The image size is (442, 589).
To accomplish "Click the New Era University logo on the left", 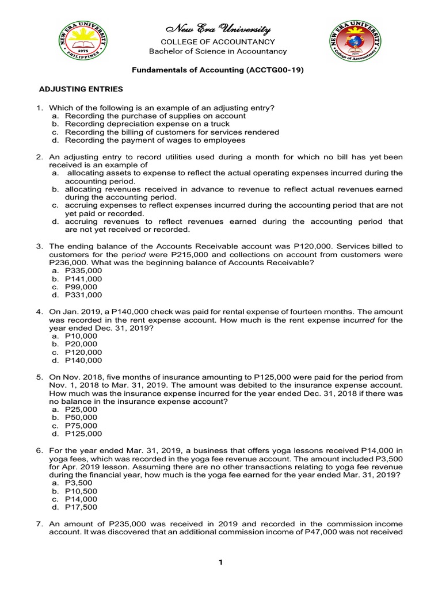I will [x=85, y=46].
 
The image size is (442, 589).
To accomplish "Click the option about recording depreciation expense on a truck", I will [x=147, y=124].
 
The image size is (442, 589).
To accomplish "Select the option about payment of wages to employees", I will [x=155, y=140].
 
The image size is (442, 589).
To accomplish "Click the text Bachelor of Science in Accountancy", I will [x=218, y=51].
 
